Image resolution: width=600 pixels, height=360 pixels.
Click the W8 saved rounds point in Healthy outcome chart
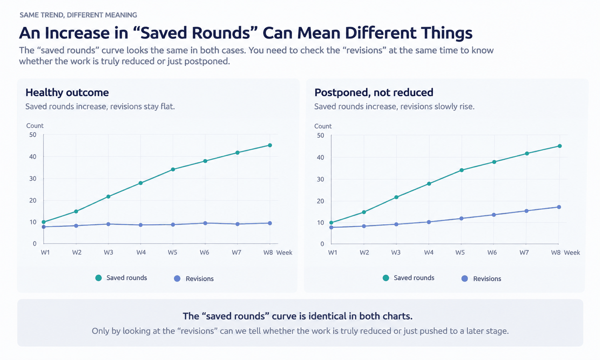click(270, 145)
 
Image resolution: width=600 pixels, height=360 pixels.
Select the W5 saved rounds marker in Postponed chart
click(462, 170)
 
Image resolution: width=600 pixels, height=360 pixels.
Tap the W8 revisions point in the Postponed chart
click(559, 207)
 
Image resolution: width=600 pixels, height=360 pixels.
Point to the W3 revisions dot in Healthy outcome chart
click(108, 224)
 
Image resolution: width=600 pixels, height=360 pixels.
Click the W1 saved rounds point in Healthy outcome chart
click(44, 222)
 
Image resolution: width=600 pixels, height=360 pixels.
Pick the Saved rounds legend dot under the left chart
click(98, 278)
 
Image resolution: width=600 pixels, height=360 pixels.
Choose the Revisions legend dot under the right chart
click(465, 278)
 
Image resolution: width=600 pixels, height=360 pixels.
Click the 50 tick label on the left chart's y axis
click(33, 135)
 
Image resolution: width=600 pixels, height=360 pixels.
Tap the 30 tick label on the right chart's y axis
click(320, 179)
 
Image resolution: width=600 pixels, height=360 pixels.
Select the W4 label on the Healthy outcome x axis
click(141, 252)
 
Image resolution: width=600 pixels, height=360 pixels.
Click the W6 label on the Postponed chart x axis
click(492, 252)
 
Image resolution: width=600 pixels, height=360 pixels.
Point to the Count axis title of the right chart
click(323, 126)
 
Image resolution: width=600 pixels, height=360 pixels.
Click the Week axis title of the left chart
click(284, 252)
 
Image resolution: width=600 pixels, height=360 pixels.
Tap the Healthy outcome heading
click(67, 92)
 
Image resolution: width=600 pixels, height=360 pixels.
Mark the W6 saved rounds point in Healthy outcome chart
click(205, 161)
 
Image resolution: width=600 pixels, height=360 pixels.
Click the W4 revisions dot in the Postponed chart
click(429, 222)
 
